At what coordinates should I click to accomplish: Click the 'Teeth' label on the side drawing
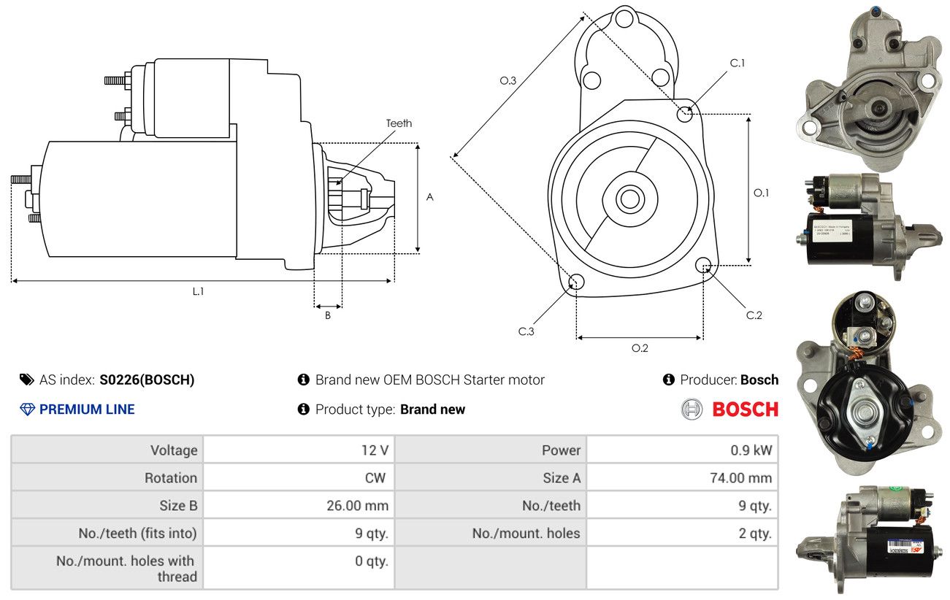tap(399, 123)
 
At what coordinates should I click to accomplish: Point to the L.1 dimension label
tap(198, 291)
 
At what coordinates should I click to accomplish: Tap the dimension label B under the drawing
tap(328, 315)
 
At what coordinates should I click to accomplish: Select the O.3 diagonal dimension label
tap(508, 80)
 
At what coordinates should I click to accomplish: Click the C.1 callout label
tap(738, 64)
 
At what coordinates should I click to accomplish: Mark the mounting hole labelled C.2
tap(704, 264)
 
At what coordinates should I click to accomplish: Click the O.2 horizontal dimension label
tap(640, 348)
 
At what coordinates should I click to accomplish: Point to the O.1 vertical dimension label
tap(761, 193)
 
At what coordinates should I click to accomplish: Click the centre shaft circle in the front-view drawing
tap(627, 198)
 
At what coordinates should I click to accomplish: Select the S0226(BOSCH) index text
tap(147, 380)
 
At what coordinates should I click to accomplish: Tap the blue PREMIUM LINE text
tap(87, 409)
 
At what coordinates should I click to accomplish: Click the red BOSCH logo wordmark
tap(745, 409)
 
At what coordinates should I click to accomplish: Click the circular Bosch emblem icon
tap(692, 409)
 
